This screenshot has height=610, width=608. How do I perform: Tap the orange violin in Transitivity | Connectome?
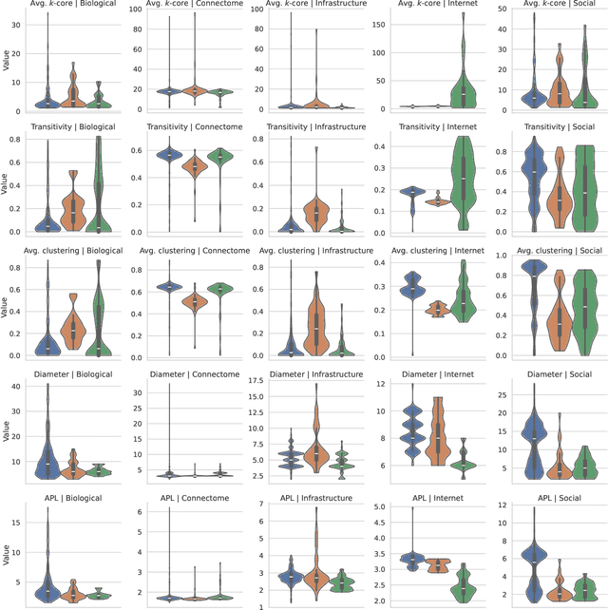[195, 168]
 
